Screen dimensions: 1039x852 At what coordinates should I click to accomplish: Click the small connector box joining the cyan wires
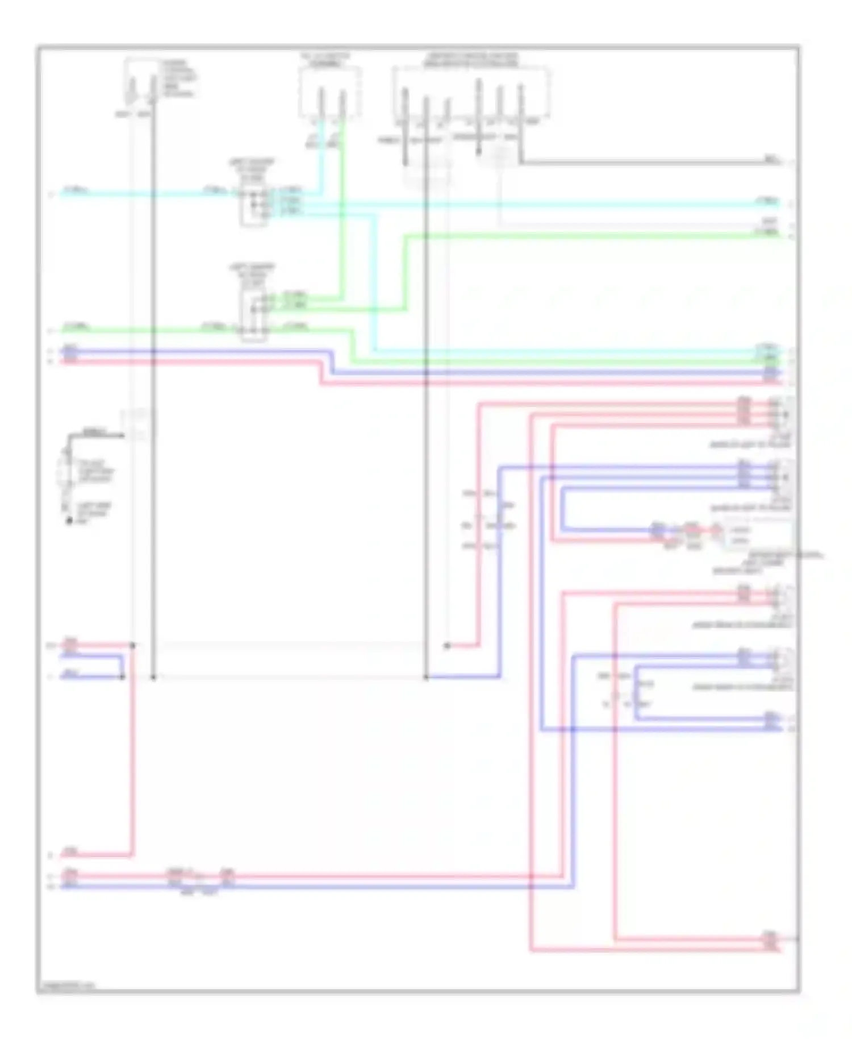point(253,202)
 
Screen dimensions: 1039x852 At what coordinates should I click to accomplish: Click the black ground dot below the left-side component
point(69,521)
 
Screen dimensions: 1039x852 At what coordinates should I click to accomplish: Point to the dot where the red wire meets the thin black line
point(447,646)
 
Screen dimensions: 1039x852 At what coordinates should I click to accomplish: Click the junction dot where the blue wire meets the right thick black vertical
point(426,677)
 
